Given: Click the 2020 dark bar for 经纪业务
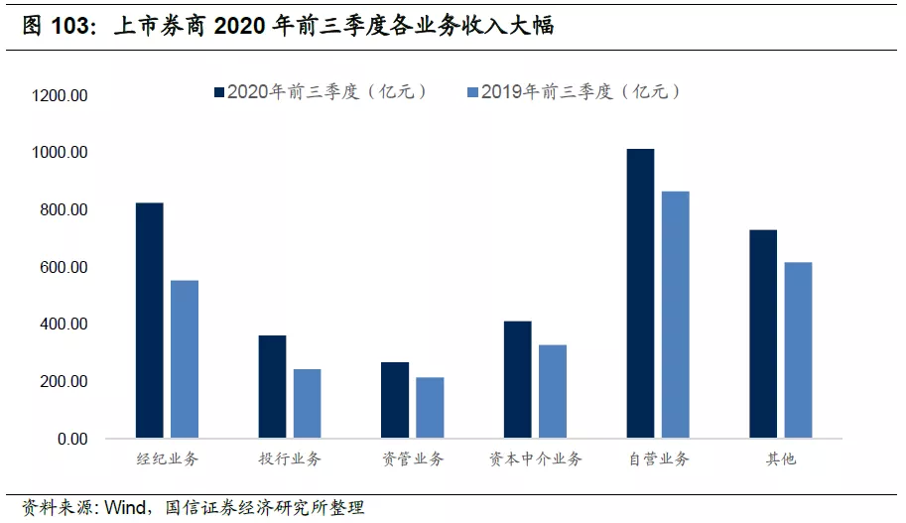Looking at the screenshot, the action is pyautogui.click(x=150, y=321).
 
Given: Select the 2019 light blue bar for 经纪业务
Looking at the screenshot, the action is pyautogui.click(x=185, y=359).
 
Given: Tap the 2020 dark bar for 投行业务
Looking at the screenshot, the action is pyautogui.click(x=272, y=387).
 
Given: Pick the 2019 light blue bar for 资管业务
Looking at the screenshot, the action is pyautogui.click(x=430, y=408).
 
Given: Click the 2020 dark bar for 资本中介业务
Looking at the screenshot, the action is pyautogui.click(x=518, y=380).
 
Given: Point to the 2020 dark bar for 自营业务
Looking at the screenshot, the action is pyautogui.click(x=640, y=293).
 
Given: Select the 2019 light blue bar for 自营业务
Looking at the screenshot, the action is pyautogui.click(x=676, y=315).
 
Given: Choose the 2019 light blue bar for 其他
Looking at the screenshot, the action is pyautogui.click(x=798, y=350).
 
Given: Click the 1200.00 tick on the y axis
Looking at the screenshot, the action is pyautogui.click(x=60, y=95).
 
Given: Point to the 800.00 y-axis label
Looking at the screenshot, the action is pyautogui.click(x=64, y=209).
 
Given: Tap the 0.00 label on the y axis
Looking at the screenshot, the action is pyautogui.click(x=72, y=440).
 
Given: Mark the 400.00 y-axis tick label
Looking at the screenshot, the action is pyautogui.click(x=64, y=325).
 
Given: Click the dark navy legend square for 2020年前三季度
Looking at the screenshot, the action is pyautogui.click(x=219, y=92).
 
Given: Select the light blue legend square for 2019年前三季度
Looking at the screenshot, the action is pyautogui.click(x=472, y=92).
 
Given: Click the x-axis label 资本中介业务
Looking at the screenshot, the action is pyautogui.click(x=536, y=458).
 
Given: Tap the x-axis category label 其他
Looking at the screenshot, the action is pyautogui.click(x=781, y=458).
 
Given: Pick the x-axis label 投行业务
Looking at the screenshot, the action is pyautogui.click(x=290, y=458).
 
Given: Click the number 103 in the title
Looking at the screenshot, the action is pyautogui.click(x=69, y=26).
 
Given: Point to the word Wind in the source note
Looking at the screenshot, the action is pyautogui.click(x=125, y=507).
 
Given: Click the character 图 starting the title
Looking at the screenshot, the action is pyautogui.click(x=33, y=26).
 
